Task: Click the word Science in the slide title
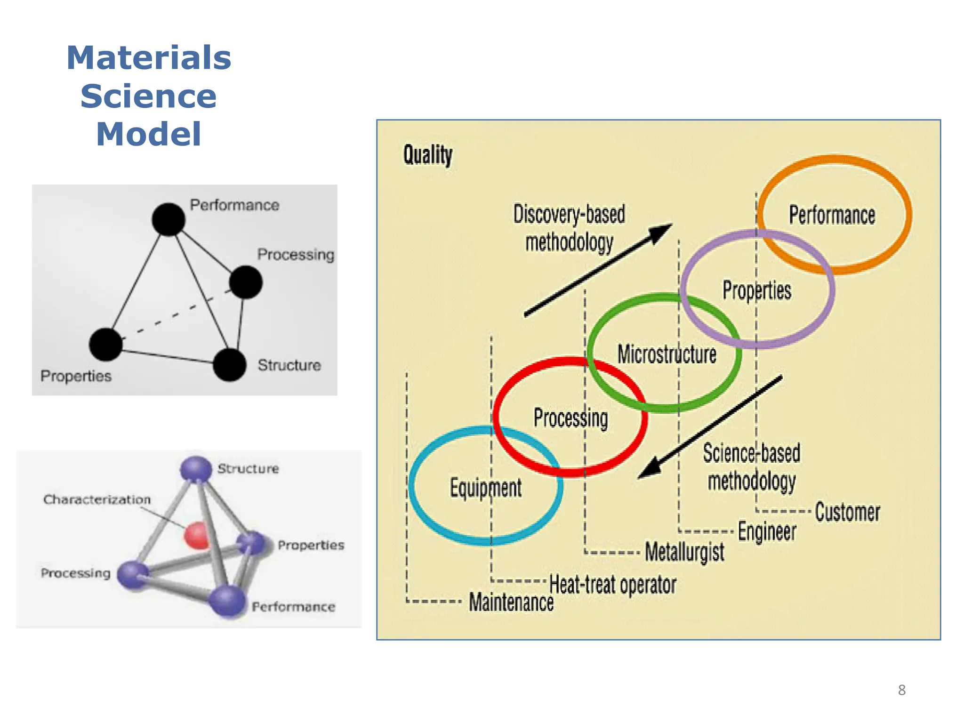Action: point(148,96)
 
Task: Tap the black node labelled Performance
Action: point(169,219)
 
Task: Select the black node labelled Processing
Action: point(246,282)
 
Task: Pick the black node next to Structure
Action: point(229,364)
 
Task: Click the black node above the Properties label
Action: point(106,345)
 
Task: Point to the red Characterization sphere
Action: point(197,535)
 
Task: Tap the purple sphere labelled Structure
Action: point(196,469)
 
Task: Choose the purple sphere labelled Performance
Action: point(227,601)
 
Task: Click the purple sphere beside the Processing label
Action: point(133,574)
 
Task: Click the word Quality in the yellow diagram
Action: point(427,155)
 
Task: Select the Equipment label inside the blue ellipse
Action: point(485,488)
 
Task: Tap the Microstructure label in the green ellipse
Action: point(667,354)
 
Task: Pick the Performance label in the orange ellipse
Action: point(832,215)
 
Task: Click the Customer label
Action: point(847,512)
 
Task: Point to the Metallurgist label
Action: point(684,552)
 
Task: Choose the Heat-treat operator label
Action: point(612,585)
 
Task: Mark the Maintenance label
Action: point(511,602)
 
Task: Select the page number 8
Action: point(901,690)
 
